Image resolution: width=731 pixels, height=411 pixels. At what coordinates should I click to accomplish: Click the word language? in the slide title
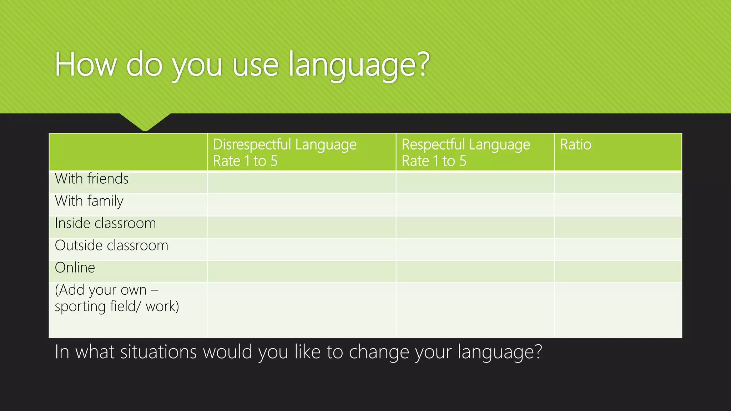pyautogui.click(x=359, y=65)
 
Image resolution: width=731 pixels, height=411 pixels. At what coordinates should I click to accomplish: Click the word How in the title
pyautogui.click(x=86, y=65)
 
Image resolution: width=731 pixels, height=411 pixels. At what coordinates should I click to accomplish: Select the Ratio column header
pyautogui.click(x=575, y=145)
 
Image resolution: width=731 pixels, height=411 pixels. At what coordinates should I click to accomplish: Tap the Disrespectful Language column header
pyautogui.click(x=284, y=152)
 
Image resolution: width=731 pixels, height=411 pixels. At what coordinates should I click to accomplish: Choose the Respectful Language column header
pyautogui.click(x=466, y=152)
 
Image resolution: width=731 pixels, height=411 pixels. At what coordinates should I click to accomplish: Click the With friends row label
pyautogui.click(x=92, y=179)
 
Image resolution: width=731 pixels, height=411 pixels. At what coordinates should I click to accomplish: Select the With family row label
pyautogui.click(x=89, y=201)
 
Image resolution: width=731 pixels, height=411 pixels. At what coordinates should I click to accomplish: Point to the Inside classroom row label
pyautogui.click(x=105, y=223)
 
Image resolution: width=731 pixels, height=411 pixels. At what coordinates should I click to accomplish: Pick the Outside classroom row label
pyautogui.click(x=111, y=245)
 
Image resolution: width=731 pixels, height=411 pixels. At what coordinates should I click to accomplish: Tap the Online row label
pyautogui.click(x=75, y=268)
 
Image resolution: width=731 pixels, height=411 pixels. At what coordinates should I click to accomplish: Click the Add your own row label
pyautogui.click(x=117, y=298)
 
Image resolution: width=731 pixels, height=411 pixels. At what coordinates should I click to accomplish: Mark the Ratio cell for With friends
pyautogui.click(x=618, y=183)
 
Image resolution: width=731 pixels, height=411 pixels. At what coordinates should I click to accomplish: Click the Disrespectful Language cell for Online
pyautogui.click(x=301, y=272)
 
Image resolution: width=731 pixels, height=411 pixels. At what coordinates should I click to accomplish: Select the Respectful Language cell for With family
pyautogui.click(x=475, y=205)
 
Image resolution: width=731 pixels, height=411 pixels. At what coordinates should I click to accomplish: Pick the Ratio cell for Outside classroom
pyautogui.click(x=618, y=249)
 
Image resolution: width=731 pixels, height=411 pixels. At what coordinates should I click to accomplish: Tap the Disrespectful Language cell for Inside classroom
pyautogui.click(x=301, y=227)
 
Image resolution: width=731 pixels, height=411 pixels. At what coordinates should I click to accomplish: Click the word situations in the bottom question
pyautogui.click(x=158, y=352)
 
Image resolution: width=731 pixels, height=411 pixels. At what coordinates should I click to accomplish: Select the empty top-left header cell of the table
pyautogui.click(x=128, y=152)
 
